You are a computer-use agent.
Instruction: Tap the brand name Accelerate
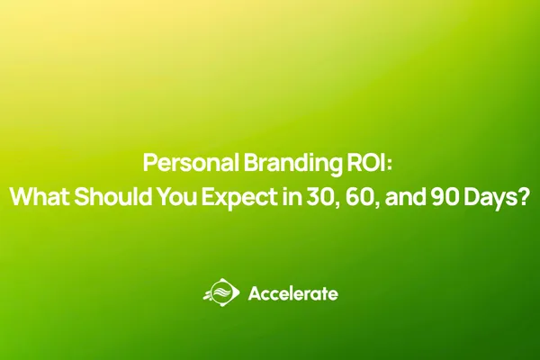click(x=292, y=293)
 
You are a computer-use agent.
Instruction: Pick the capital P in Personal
click(x=150, y=166)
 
